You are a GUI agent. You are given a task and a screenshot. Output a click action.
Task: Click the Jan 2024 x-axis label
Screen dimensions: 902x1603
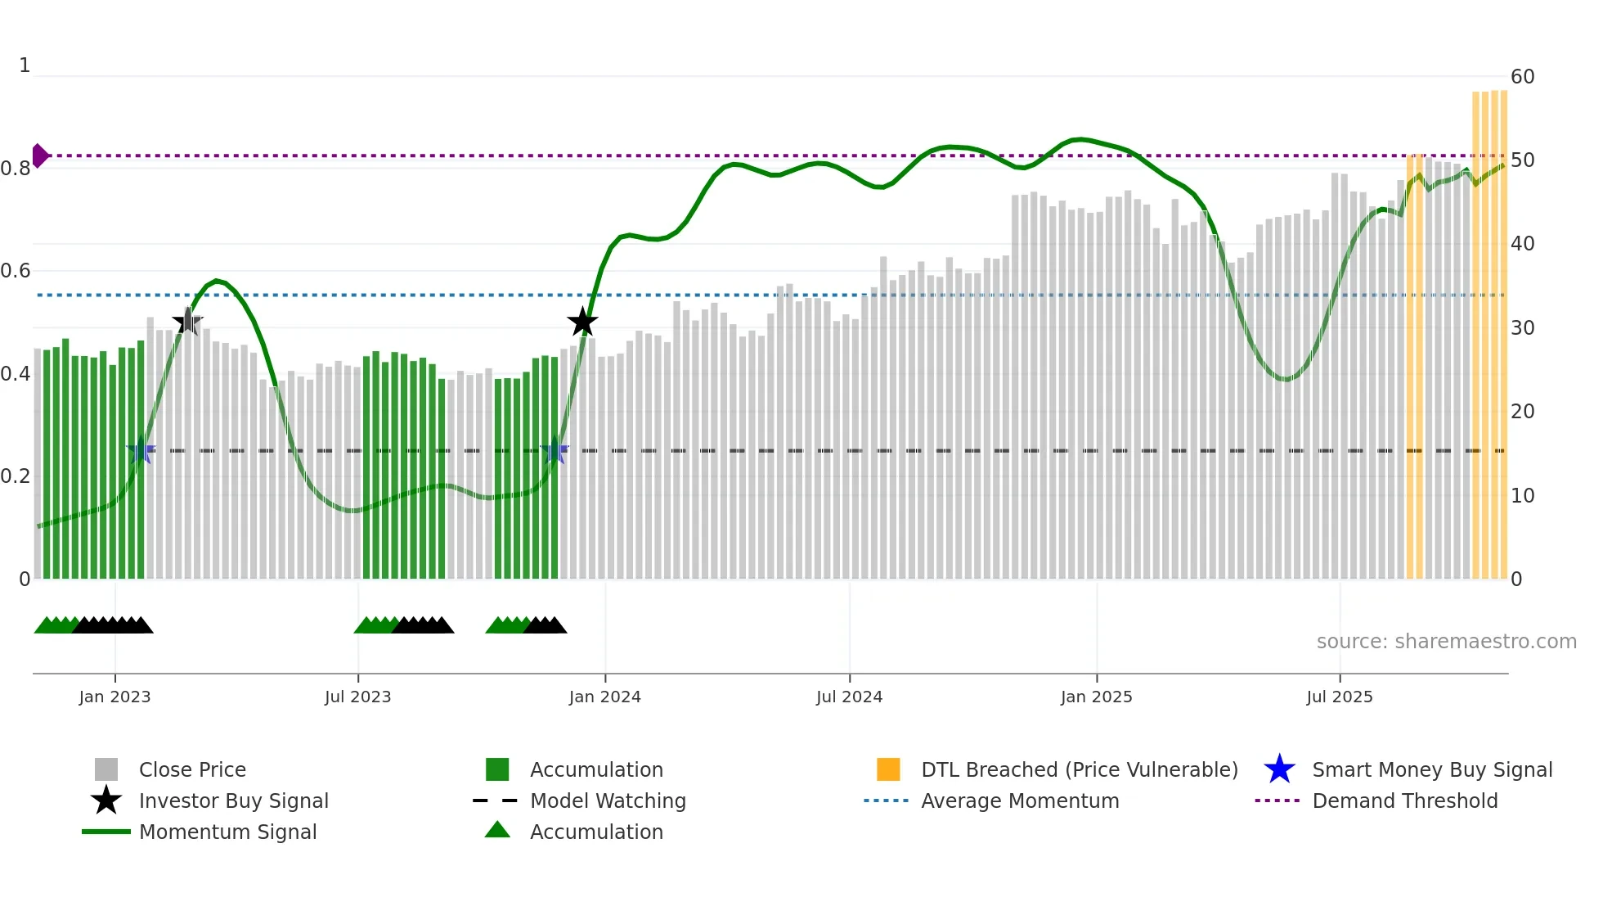pos(604,697)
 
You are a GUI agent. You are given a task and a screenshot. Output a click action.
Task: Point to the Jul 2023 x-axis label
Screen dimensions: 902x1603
pos(357,697)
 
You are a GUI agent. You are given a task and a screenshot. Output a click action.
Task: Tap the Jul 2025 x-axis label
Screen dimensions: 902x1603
pos(1339,697)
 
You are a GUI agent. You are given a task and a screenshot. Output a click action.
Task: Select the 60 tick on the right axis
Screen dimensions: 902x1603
pos(1522,77)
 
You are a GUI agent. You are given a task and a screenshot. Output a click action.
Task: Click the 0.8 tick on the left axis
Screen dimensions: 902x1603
pos(16,169)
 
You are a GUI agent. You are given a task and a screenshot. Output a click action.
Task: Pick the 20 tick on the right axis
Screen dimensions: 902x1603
pos(1522,412)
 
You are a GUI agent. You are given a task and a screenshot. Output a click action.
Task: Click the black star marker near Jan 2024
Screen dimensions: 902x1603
pos(582,322)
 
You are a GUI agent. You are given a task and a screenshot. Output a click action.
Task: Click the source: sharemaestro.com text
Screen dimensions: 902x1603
pos(1446,642)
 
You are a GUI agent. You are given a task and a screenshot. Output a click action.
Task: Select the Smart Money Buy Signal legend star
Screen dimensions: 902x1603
pos(1279,769)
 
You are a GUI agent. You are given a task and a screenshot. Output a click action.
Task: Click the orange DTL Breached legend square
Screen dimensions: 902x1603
pos(888,769)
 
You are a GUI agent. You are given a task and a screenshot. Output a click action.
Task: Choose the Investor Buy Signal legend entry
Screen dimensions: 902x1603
pos(233,801)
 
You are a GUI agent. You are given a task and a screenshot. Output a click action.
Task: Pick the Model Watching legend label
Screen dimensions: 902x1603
pos(608,801)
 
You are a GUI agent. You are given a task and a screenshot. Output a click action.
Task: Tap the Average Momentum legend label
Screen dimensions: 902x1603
pos(1020,801)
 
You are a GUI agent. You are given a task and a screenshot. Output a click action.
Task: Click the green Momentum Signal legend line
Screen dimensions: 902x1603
pos(106,832)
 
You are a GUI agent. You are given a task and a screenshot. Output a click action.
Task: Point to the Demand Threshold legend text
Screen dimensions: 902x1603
pos(1404,801)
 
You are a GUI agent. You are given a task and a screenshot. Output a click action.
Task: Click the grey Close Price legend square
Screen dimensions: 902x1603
pos(106,769)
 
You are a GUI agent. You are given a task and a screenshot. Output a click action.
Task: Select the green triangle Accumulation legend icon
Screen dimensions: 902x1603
pos(497,831)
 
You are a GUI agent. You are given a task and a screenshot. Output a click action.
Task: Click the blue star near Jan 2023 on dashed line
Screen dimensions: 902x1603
pos(141,450)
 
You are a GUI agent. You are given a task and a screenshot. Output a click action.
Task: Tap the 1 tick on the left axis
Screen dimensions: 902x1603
pos(25,65)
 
